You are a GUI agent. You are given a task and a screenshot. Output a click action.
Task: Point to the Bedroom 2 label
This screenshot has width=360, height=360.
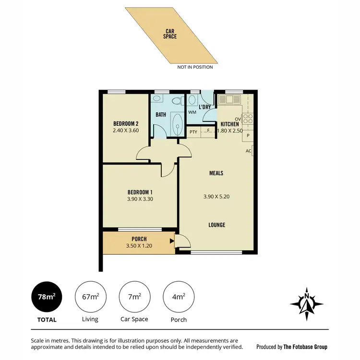[125, 123]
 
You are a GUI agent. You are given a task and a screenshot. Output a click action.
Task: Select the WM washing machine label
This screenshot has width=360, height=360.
[192, 112]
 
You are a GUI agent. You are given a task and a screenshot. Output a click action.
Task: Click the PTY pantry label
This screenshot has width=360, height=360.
[193, 131]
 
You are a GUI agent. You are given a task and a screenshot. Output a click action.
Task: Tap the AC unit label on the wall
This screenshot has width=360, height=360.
[248, 151]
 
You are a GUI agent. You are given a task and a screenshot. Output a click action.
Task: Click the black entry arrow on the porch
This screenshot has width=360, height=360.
[172, 242]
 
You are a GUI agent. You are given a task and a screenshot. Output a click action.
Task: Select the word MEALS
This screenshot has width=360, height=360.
[216, 173]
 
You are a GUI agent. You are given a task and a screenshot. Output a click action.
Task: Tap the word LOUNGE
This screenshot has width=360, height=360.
[216, 225]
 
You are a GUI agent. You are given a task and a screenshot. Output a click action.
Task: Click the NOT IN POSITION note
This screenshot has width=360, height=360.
[195, 67]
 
